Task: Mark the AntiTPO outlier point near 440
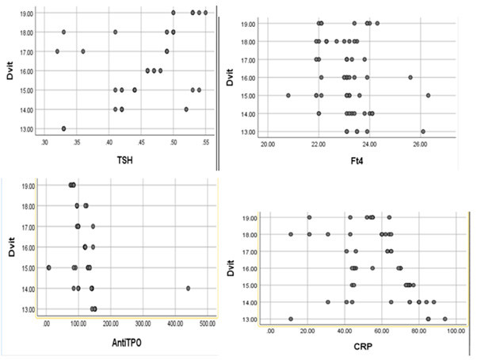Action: point(188,289)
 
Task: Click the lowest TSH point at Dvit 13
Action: point(63,128)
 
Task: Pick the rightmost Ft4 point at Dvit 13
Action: point(423,132)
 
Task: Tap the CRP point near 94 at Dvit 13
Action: point(445,320)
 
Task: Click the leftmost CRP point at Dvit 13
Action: point(291,320)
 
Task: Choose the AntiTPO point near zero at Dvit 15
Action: point(48,268)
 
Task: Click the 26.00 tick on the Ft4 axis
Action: point(421,144)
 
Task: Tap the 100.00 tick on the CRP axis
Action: point(456,331)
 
